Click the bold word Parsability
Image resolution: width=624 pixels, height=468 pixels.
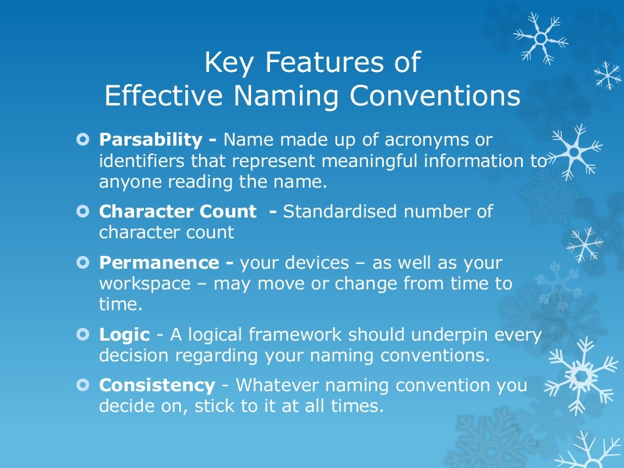click(150, 140)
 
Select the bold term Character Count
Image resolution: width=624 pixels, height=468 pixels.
click(177, 211)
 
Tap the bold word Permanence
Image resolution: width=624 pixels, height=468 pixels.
click(158, 263)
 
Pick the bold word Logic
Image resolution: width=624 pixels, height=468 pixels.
click(124, 334)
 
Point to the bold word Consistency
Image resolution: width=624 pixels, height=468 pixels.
click(157, 386)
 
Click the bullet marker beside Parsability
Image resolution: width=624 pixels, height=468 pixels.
click(83, 140)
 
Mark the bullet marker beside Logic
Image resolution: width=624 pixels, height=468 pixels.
click(83, 334)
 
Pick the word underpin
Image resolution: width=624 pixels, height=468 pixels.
click(444, 334)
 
